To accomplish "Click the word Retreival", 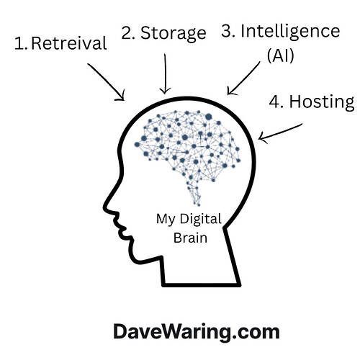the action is point(69,43).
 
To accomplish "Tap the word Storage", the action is point(174,33).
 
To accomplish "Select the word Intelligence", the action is point(290,32).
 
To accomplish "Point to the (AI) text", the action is point(281,55).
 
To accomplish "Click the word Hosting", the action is point(322,102).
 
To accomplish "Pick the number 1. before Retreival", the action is point(21,44).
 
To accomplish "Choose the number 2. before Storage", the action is point(128,33).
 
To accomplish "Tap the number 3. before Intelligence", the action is point(228,31).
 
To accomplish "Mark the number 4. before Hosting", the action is point(276,102).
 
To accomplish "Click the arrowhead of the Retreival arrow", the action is point(122,98).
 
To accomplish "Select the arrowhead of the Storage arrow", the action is point(165,92).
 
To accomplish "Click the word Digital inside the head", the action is point(200,220).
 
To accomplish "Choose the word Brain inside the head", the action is point(190,238).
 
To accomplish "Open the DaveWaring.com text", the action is point(197,332).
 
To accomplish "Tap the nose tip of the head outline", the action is point(104,207).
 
